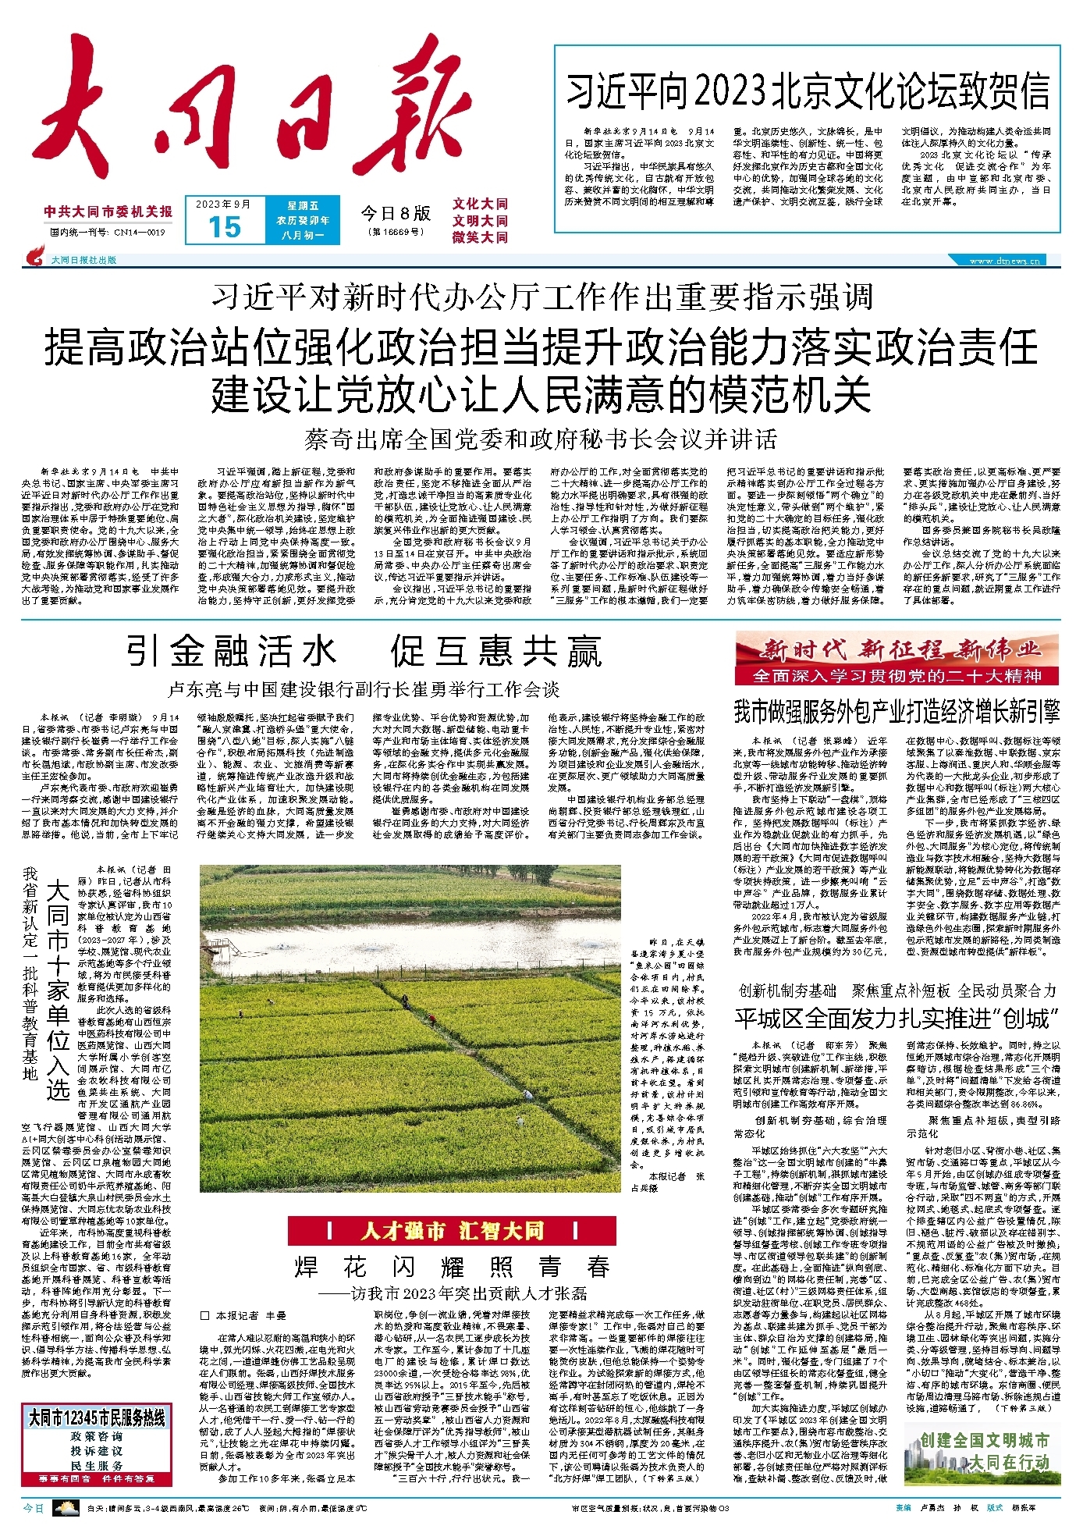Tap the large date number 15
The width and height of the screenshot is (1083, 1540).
coord(224,227)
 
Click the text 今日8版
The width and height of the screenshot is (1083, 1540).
coord(395,213)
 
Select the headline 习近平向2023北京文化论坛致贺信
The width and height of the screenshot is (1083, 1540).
coord(807,91)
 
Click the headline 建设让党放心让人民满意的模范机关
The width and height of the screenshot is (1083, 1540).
coord(541,394)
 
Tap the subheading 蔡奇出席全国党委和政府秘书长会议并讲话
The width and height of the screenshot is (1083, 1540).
coord(541,440)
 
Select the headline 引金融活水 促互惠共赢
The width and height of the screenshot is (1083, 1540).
coord(364,652)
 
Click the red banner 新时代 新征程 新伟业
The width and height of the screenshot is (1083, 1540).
coord(897,649)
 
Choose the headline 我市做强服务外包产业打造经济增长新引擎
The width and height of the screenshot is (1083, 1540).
coord(897,712)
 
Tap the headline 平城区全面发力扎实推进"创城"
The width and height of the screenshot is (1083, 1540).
coord(897,1019)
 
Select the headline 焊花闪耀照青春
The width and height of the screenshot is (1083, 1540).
coord(452,1266)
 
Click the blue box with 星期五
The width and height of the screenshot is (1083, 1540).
coord(302,220)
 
